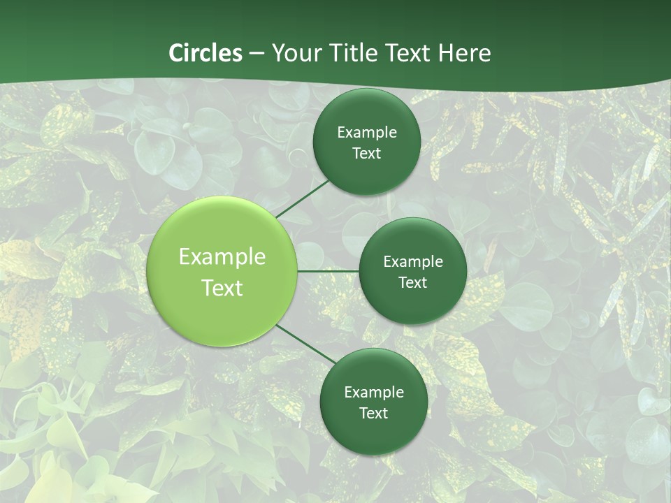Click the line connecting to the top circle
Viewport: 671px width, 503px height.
(302, 198)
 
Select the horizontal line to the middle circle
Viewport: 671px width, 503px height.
(328, 270)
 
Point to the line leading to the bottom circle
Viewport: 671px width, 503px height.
(305, 344)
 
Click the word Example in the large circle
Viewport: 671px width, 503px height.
(222, 257)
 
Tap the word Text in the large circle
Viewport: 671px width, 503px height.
(222, 288)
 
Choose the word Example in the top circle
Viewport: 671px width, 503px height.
(367, 133)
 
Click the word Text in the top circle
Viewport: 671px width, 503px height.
(367, 154)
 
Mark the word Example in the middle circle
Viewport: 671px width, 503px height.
(413, 262)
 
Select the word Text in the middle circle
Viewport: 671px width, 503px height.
(413, 283)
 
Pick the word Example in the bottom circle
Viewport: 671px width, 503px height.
(374, 393)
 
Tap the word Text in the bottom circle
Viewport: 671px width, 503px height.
(374, 414)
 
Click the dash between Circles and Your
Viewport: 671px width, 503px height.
(257, 53)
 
